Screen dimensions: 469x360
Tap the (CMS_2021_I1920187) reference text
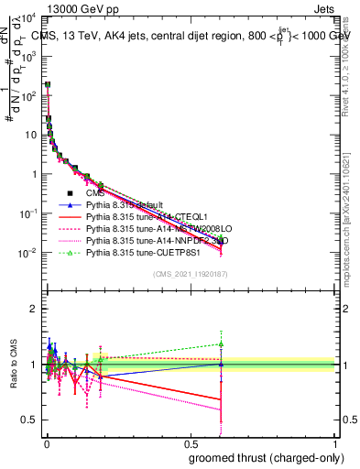coord(190,275)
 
